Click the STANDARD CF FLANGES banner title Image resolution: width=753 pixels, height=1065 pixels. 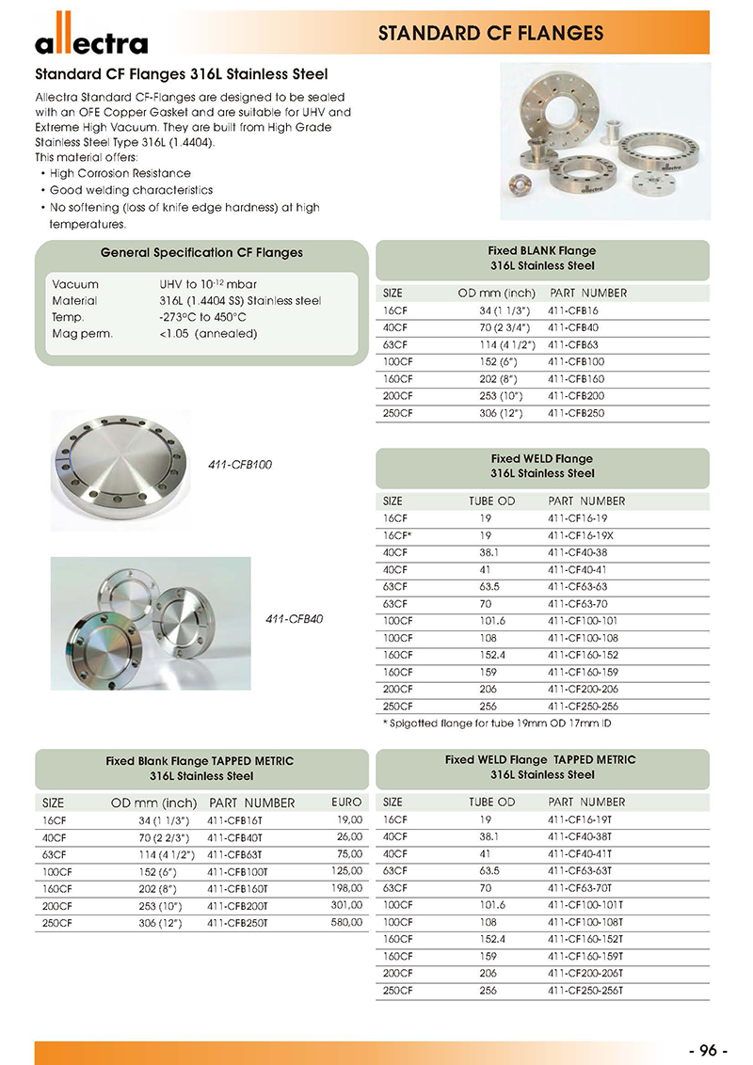pos(489,34)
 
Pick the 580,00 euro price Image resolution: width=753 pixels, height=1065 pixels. pos(347,923)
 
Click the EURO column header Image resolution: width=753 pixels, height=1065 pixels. pos(346,803)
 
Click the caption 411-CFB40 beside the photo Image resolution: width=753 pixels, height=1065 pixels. pos(295,619)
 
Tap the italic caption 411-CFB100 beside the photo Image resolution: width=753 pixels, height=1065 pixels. pos(240,465)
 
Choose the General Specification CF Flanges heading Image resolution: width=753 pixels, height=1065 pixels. pos(201,252)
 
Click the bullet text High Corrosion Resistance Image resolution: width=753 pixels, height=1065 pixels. pos(120,174)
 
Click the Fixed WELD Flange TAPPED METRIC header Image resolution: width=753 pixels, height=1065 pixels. pos(541,759)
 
